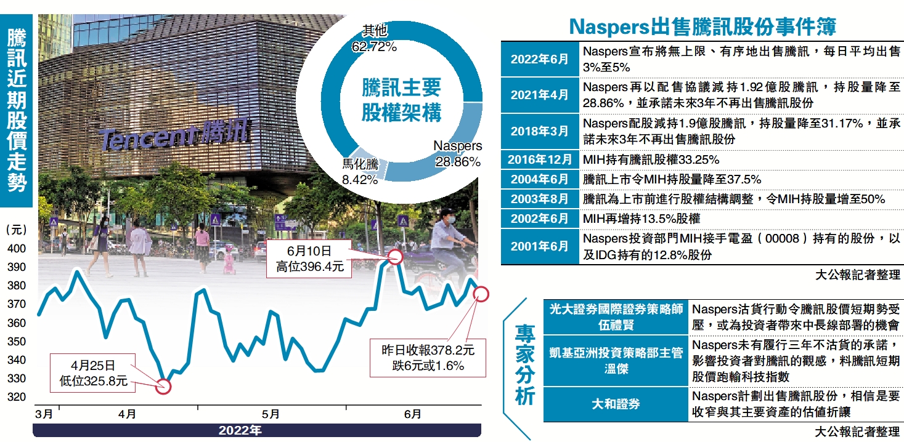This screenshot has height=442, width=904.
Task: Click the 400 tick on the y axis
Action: point(17,249)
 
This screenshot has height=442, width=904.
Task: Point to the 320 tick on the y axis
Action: point(17,397)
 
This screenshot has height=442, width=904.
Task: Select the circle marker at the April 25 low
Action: point(163,386)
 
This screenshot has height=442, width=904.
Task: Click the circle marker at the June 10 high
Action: point(394,257)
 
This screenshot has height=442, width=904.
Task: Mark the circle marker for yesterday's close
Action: point(481,294)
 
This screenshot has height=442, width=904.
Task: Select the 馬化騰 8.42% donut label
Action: point(361,172)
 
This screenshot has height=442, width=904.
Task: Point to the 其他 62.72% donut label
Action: point(373,39)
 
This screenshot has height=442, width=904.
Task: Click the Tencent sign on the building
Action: point(174,137)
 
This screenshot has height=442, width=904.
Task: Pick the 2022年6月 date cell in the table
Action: point(539,59)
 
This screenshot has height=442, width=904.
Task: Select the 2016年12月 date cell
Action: point(539,160)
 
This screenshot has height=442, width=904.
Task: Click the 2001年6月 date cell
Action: point(539,246)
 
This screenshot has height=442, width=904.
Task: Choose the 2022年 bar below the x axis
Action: point(240,430)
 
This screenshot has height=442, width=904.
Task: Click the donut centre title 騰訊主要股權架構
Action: point(401,101)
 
